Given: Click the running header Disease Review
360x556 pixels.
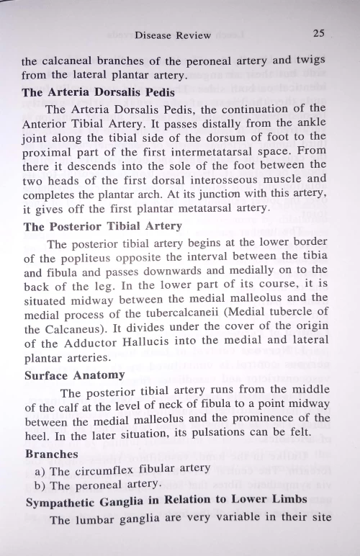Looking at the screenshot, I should (173, 35).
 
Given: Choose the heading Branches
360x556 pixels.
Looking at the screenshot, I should (52, 454).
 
